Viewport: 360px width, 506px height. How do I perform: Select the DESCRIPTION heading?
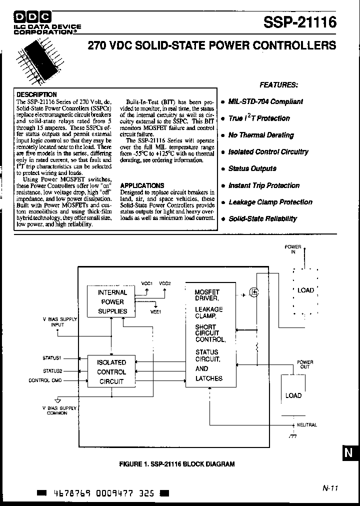tap(36, 94)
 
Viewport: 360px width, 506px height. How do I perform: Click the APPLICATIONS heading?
tap(142, 185)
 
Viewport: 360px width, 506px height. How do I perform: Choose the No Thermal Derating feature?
tap(260, 135)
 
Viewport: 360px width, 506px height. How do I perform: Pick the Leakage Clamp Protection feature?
tap(270, 202)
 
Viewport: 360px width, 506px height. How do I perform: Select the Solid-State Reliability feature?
tap(262, 219)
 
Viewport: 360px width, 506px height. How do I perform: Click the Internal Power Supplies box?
tap(112, 301)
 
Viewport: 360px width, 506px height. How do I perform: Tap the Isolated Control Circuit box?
tap(111, 371)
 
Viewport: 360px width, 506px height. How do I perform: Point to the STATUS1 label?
tap(52, 358)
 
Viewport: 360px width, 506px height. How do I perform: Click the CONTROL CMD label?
tap(45, 380)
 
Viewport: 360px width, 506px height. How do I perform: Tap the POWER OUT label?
tap(305, 364)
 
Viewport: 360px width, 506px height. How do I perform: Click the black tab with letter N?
tap(350, 453)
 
